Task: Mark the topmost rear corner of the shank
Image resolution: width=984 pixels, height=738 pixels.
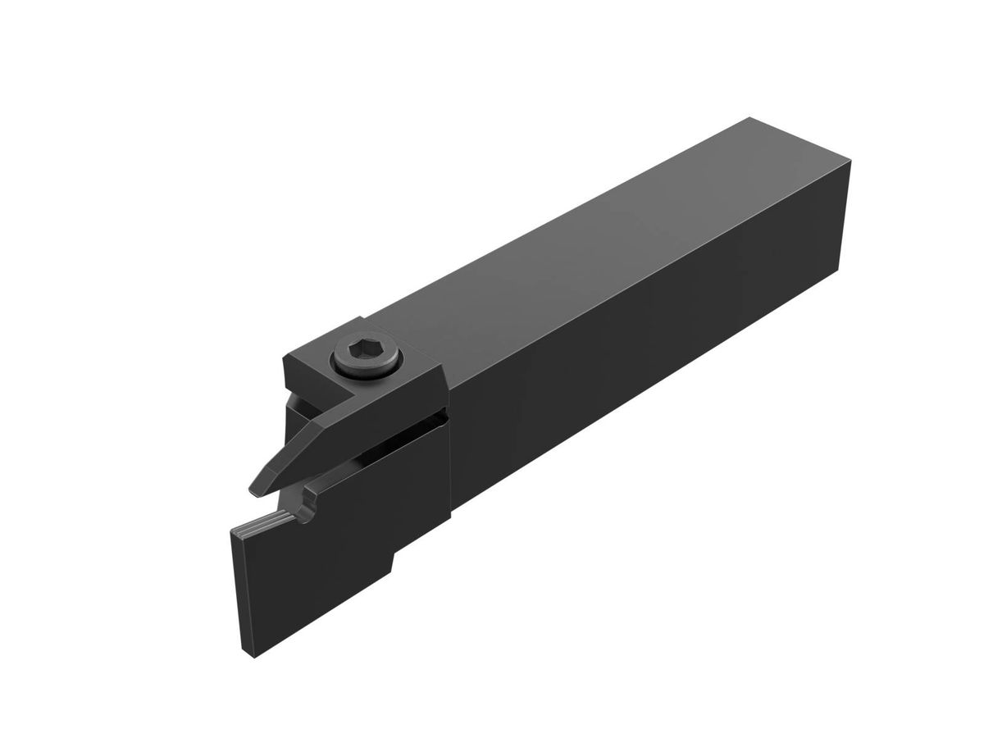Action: click(749, 120)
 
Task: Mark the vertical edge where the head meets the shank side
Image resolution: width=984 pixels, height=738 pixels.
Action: click(450, 459)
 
